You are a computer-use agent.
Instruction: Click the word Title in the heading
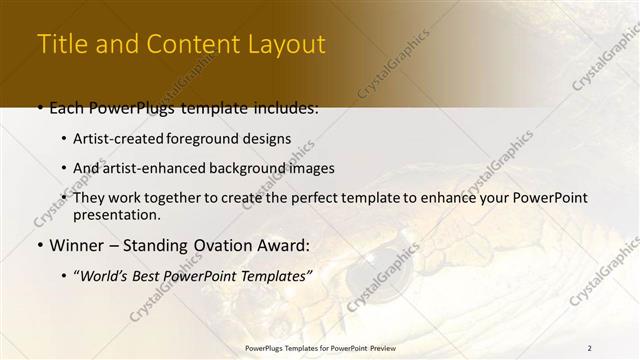pyautogui.click(x=59, y=45)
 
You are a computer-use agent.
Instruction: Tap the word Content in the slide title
pyautogui.click(x=185, y=45)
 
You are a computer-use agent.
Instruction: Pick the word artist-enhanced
pyautogui.click(x=146, y=168)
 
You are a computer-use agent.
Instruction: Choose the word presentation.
pyautogui.click(x=117, y=215)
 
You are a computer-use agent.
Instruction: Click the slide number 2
pyautogui.click(x=589, y=348)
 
